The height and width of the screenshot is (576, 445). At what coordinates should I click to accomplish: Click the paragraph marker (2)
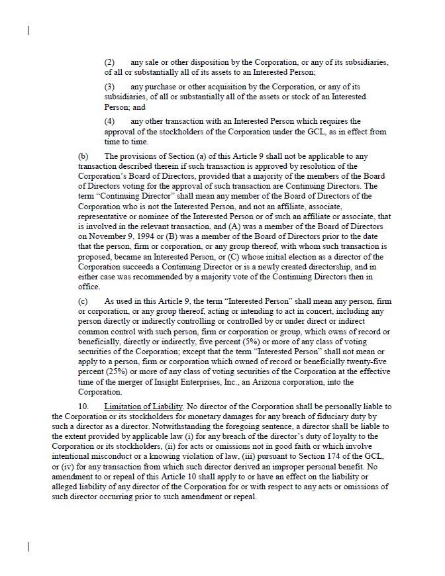(110, 62)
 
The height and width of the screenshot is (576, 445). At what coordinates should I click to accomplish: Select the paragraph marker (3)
(110, 87)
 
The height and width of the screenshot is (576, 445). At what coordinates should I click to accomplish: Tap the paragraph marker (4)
(110, 121)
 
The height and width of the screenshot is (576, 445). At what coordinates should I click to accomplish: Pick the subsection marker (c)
(83, 301)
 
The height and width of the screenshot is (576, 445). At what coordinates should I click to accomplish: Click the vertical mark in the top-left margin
(28, 30)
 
